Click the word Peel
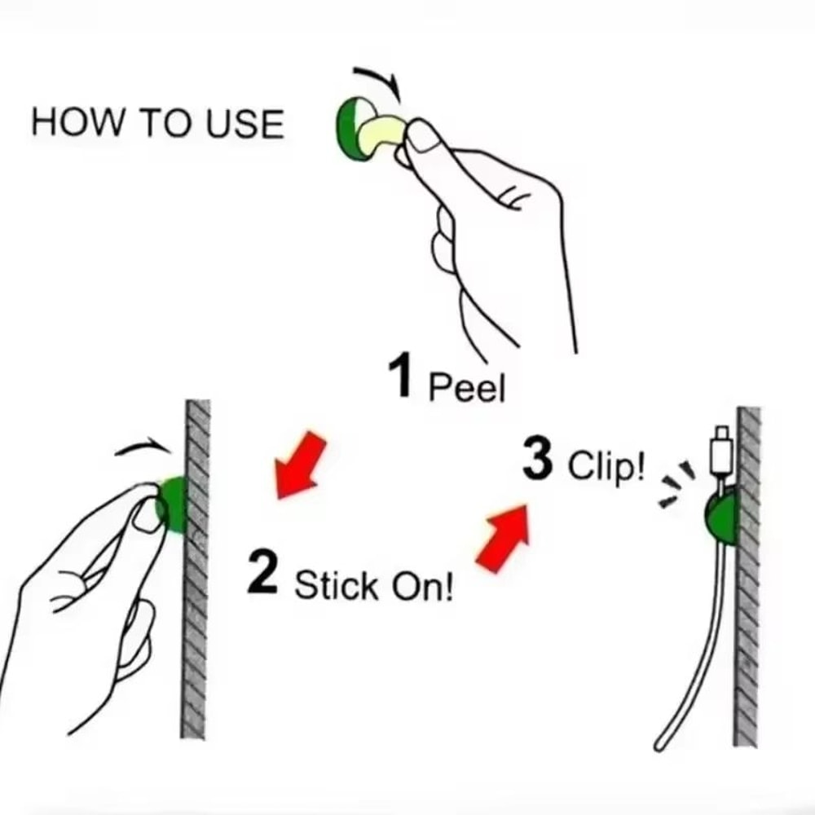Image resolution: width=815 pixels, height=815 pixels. pos(467,386)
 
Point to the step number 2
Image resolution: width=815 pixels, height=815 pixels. pos(262,575)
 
